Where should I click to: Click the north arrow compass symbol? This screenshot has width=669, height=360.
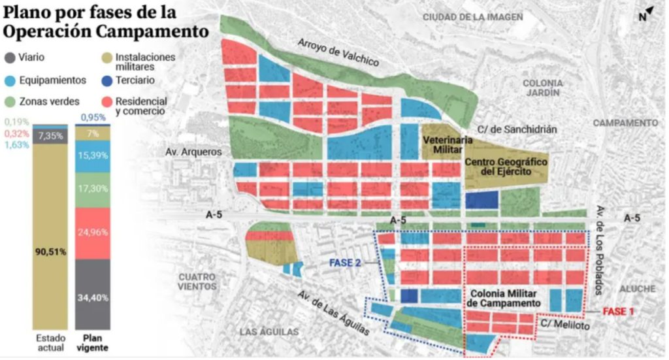[646, 14]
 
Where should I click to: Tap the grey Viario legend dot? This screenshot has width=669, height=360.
[9, 57]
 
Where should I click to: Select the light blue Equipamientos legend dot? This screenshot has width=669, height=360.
[9, 80]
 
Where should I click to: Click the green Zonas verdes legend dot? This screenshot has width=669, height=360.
[9, 102]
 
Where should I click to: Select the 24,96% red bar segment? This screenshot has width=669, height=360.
[91, 233]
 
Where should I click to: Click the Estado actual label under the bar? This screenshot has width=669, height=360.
[50, 343]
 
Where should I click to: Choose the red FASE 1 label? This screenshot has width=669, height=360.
[617, 312]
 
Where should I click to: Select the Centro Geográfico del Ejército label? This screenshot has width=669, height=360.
[506, 166]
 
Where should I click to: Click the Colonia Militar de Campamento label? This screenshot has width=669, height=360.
[504, 299]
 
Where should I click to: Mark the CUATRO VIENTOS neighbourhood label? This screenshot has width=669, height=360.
[196, 282]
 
